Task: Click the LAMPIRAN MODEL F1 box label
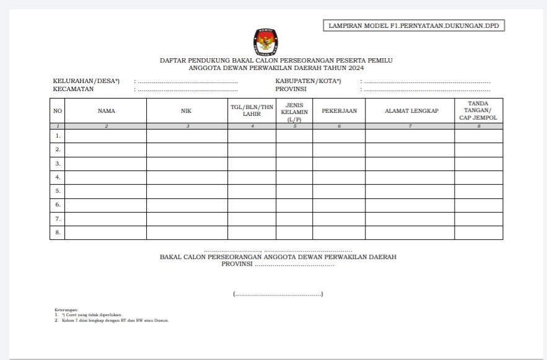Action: coord(413,25)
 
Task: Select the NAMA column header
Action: coord(106,111)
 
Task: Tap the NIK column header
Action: coord(186,111)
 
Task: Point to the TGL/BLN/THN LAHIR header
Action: coord(252,111)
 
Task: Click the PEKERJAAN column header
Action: coord(339,111)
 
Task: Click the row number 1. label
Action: coord(58,136)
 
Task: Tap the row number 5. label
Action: coord(58,191)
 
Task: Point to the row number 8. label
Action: coord(58,232)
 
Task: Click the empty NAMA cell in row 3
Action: coord(106,164)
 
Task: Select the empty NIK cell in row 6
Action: coord(186,205)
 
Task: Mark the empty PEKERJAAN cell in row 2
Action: coord(339,149)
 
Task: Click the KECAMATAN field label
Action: coord(73,89)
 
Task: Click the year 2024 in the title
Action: coord(356,68)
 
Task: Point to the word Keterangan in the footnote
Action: coord(66,309)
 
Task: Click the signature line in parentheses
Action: coord(278,294)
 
